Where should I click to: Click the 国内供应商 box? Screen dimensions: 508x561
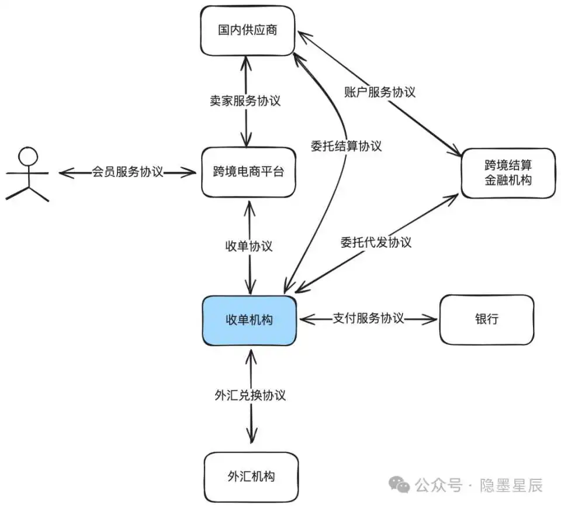pyautogui.click(x=247, y=30)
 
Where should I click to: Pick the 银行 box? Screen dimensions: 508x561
pyautogui.click(x=486, y=320)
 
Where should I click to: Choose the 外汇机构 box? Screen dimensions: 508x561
pyautogui.click(x=251, y=476)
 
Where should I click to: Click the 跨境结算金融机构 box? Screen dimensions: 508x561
pyautogui.click(x=508, y=173)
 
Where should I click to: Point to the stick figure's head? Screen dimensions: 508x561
pyautogui.click(x=27, y=155)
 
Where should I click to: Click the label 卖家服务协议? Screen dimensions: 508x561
pyautogui.click(x=245, y=101)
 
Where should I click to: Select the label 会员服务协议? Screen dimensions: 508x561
pyautogui.click(x=127, y=172)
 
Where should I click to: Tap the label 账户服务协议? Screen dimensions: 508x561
pyautogui.click(x=379, y=92)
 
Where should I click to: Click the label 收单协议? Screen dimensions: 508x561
pyautogui.click(x=249, y=246)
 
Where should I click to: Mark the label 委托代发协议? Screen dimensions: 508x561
pyautogui.click(x=376, y=242)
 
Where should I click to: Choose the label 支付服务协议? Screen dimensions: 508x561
pyautogui.click(x=368, y=319)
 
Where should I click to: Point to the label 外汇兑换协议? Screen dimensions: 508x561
pyautogui.click(x=250, y=395)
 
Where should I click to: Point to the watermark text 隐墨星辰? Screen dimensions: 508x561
pyautogui.click(x=511, y=485)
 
